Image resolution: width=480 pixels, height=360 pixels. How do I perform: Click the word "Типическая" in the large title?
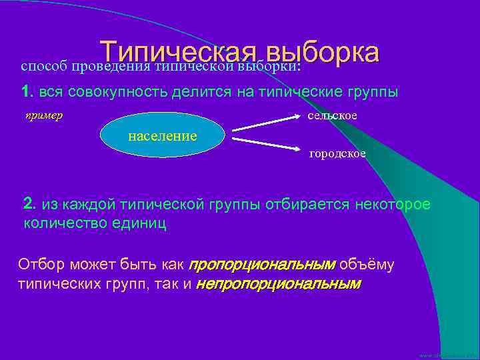[x=178, y=53]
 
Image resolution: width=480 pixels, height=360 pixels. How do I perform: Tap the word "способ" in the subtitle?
[x=44, y=67]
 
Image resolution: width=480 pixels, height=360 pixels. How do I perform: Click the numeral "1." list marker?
[x=27, y=92]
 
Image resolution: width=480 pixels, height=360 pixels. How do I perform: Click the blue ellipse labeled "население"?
[x=163, y=136]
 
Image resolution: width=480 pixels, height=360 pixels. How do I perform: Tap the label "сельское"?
[x=332, y=116]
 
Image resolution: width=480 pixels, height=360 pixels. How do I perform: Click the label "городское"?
[x=337, y=154]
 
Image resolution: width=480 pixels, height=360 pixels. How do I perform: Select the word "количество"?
[x=61, y=223]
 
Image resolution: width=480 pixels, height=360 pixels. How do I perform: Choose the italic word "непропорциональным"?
[x=278, y=284]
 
